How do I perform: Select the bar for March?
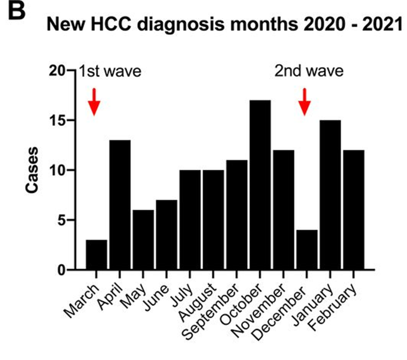96,254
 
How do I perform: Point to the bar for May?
143,240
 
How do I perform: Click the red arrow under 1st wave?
94,102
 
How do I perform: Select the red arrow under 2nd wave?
305,102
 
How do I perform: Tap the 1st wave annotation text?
110,72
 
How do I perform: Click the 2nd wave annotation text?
309,72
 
